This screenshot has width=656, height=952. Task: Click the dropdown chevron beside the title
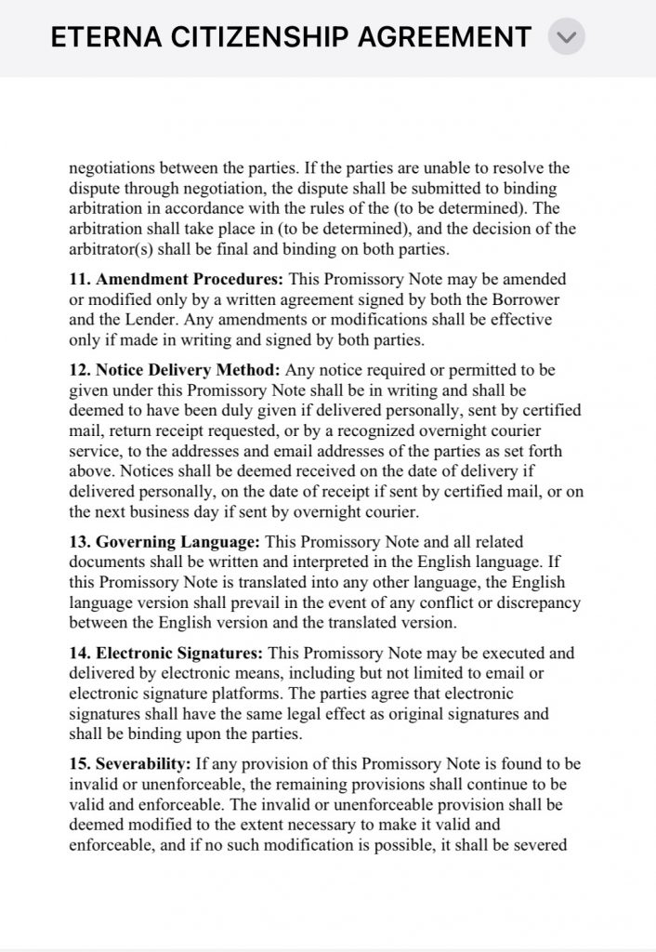tap(566, 38)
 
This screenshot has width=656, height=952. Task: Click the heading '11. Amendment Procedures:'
tap(177, 279)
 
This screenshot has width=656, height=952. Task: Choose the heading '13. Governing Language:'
tap(166, 541)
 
